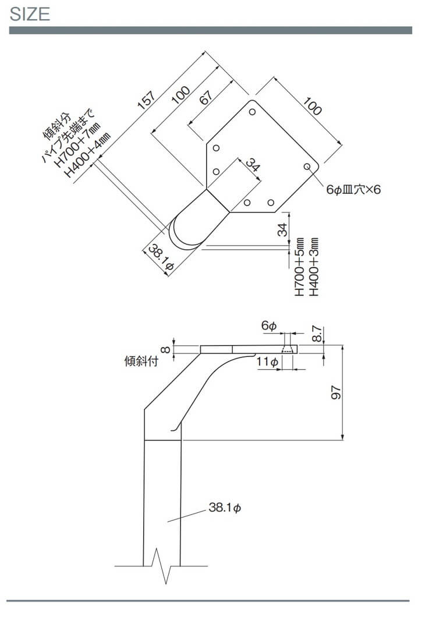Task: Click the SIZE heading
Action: pos(30,14)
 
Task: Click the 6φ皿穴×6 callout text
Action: pos(353,190)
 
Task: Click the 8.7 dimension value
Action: pos(317,334)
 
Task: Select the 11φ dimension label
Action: pos(267,362)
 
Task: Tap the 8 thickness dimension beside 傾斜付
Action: pos(165,349)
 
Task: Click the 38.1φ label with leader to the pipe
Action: pos(224,508)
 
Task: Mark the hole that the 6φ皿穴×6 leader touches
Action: pos(307,167)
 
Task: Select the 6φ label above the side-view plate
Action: pos(268,327)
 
